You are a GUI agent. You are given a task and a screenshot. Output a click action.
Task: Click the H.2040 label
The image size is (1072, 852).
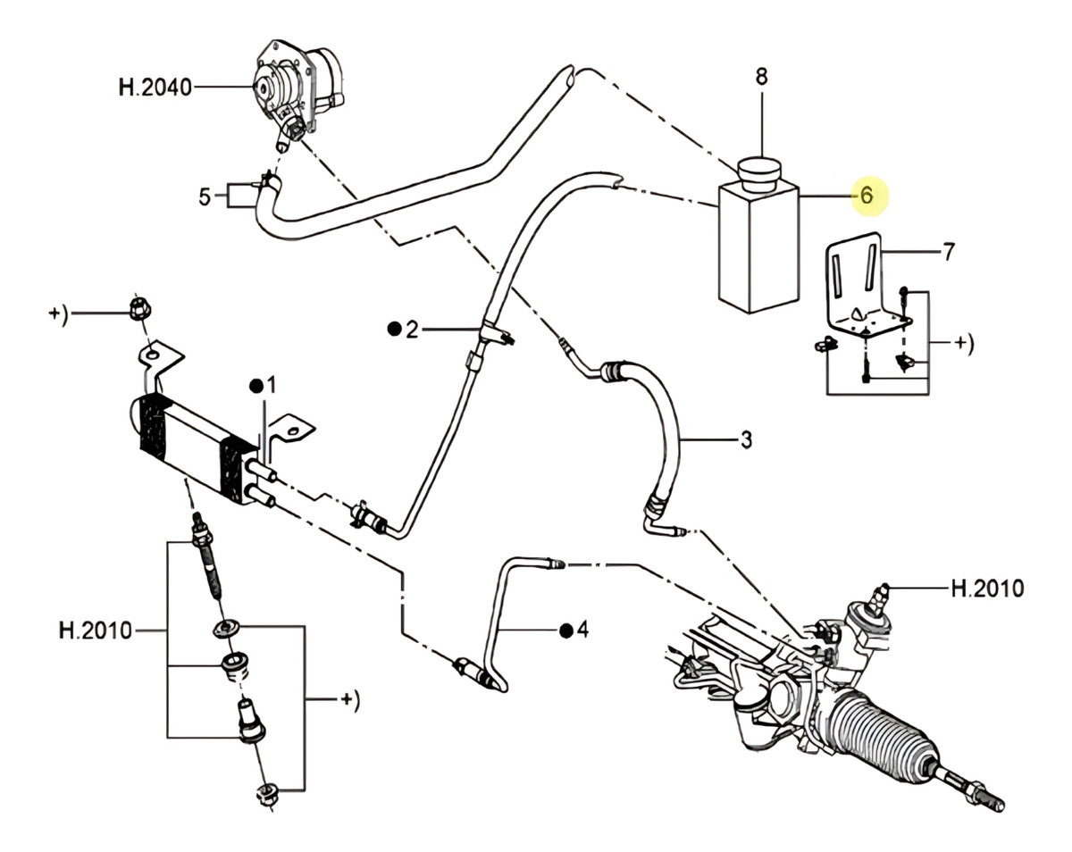tap(155, 88)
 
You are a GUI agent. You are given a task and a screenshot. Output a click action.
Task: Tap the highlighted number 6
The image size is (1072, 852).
tap(867, 195)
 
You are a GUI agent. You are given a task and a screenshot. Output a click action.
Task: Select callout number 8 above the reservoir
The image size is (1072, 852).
tap(762, 77)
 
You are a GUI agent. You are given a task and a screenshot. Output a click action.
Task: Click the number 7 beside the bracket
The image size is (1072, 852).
tap(949, 252)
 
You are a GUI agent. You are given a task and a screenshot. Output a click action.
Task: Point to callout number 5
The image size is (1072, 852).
tap(205, 197)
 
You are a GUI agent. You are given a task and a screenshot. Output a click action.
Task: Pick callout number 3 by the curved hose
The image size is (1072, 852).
tap(746, 439)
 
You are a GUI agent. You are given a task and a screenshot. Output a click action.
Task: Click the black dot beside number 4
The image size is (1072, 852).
tap(565, 631)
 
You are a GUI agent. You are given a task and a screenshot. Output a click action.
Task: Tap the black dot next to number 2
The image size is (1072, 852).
tap(394, 330)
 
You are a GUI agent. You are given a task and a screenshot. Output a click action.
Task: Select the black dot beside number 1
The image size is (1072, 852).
tap(256, 386)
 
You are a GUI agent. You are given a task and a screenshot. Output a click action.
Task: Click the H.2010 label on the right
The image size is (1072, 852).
tap(987, 589)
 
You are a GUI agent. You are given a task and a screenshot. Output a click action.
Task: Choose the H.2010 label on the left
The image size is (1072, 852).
tap(96, 631)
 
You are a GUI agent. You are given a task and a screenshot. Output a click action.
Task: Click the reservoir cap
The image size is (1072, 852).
tap(758, 172)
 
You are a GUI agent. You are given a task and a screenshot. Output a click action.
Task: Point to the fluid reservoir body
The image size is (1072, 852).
tap(758, 246)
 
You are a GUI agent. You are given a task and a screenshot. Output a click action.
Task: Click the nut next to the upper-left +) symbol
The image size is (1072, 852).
tap(140, 310)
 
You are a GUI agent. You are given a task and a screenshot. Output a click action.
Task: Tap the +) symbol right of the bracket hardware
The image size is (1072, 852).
tap(963, 343)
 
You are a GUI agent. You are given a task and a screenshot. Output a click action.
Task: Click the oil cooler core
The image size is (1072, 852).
tap(194, 447)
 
